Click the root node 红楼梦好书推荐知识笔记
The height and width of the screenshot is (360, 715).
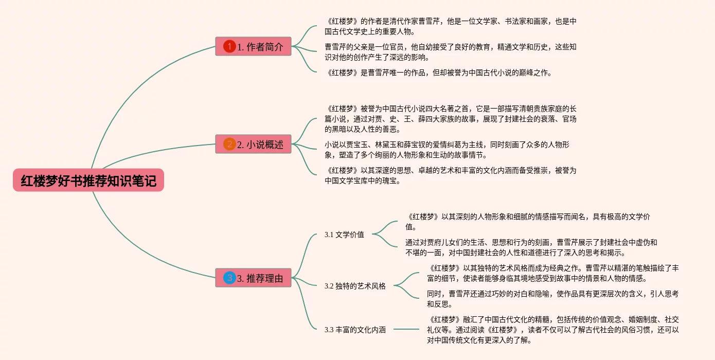point(88,181)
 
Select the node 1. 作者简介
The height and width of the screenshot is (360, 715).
point(253,47)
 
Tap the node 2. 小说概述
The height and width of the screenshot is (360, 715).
point(253,145)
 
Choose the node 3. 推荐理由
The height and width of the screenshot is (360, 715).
point(253,278)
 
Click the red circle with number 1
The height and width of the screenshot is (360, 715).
point(229,47)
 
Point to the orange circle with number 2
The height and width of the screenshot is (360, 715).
point(229,145)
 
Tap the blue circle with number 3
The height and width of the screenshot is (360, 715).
point(229,278)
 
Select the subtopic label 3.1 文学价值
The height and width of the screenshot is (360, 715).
point(344,235)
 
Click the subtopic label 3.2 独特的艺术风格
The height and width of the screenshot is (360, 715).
point(355,286)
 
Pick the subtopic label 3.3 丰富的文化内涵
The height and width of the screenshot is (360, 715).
point(355,330)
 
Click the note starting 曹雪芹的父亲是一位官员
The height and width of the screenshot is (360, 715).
point(450,52)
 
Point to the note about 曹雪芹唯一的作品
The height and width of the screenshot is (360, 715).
point(438,73)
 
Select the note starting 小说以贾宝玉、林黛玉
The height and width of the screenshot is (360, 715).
point(446,150)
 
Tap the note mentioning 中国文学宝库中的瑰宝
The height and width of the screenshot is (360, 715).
point(450,175)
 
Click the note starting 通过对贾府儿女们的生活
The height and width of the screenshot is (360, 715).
point(531,247)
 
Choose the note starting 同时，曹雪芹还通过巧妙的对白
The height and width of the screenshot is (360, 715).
point(552,299)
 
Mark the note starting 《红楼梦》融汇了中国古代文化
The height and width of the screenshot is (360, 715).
point(552,330)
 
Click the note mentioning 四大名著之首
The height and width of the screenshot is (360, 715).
point(450,119)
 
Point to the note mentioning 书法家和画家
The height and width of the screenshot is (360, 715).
point(450,26)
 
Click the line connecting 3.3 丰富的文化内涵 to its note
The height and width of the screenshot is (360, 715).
point(406,329)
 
